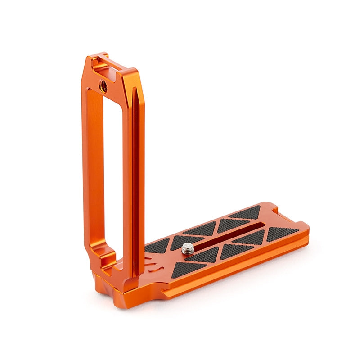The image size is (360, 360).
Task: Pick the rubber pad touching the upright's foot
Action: (157, 247)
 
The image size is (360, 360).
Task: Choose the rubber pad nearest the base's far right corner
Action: (283, 233)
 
